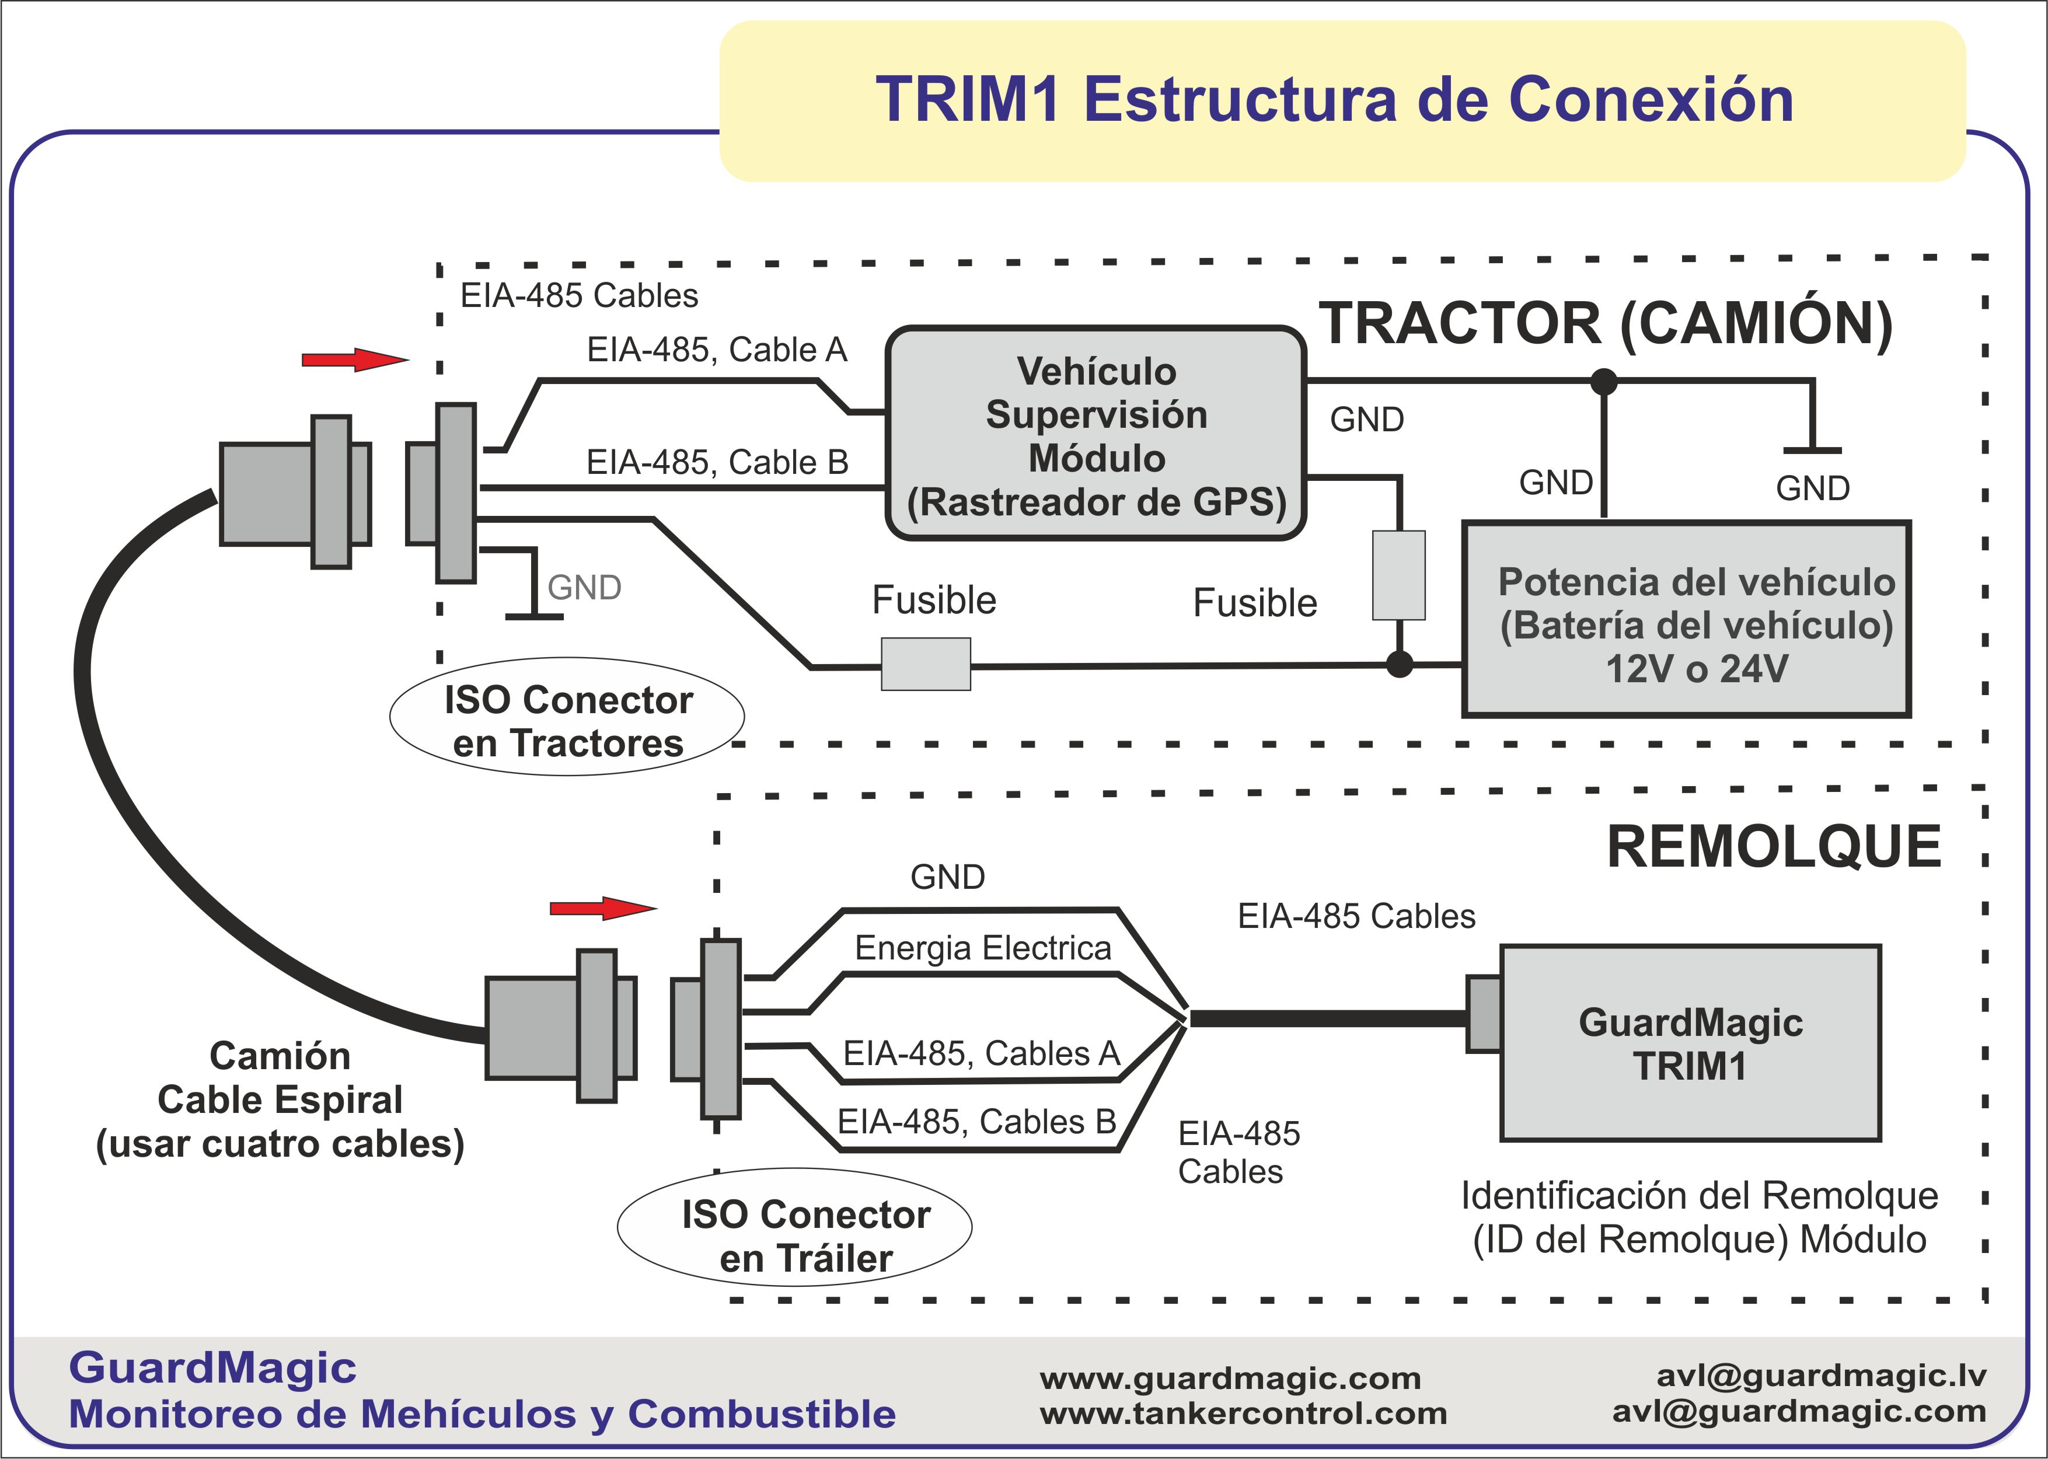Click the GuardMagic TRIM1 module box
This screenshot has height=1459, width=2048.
1690,1043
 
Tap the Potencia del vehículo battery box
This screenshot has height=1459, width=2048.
1686,619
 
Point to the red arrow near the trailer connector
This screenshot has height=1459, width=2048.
602,908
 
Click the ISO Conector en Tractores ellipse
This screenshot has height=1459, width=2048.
567,717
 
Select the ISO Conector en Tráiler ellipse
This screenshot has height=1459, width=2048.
795,1228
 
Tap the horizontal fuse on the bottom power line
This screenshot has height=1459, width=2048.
925,664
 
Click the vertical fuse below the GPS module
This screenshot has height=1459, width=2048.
1398,575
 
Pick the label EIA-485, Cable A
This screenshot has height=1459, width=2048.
717,350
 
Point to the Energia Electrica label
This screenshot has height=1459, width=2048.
983,948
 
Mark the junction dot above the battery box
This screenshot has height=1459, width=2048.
1603,382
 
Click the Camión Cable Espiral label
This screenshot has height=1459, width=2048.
280,1100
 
